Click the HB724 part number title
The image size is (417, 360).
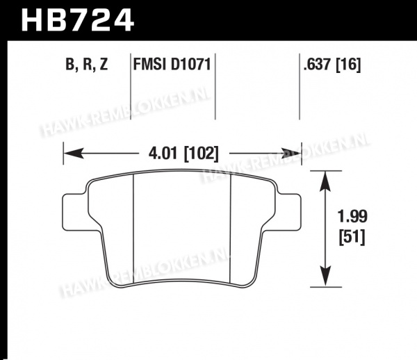coord(77,20)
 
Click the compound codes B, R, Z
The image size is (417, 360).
coord(86,65)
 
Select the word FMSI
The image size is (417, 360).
coord(150,65)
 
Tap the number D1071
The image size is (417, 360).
coord(190,65)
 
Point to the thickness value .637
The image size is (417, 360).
coord(318,65)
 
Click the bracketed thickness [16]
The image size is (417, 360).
coord(348,65)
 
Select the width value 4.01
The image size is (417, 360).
coord(163,154)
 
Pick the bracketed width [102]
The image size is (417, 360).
coord(202,154)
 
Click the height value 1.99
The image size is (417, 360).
coord(352,216)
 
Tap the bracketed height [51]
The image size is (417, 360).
coord(352,238)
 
